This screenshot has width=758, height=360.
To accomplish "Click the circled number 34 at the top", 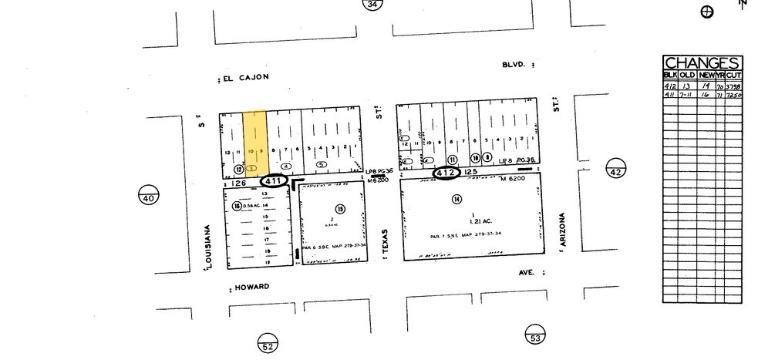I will pyautogui.click(x=373, y=5).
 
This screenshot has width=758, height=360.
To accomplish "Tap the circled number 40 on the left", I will pyautogui.click(x=149, y=198).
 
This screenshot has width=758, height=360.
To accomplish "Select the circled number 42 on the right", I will pyautogui.click(x=615, y=171).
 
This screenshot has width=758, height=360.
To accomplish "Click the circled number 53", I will pyautogui.click(x=535, y=337).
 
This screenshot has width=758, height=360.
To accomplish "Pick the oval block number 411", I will pyautogui.click(x=275, y=181).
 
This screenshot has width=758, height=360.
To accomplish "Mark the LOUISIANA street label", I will pyautogui.click(x=207, y=247).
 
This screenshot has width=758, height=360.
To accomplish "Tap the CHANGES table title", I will pyautogui.click(x=702, y=63).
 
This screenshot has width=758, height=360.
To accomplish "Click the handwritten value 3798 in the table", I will pyautogui.click(x=734, y=86).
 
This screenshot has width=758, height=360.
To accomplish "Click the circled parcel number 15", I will pyautogui.click(x=339, y=210).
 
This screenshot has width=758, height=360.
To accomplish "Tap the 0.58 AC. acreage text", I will pyautogui.click(x=254, y=206).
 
